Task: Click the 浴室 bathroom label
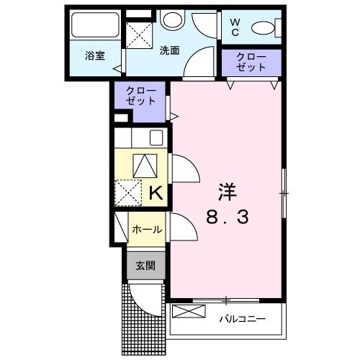[94, 55]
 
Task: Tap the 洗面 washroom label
[169, 50]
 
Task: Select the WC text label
[235, 27]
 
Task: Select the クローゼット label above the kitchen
[140, 96]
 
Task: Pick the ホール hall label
[146, 230]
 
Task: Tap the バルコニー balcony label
[241, 317]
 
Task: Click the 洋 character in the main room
[227, 192]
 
